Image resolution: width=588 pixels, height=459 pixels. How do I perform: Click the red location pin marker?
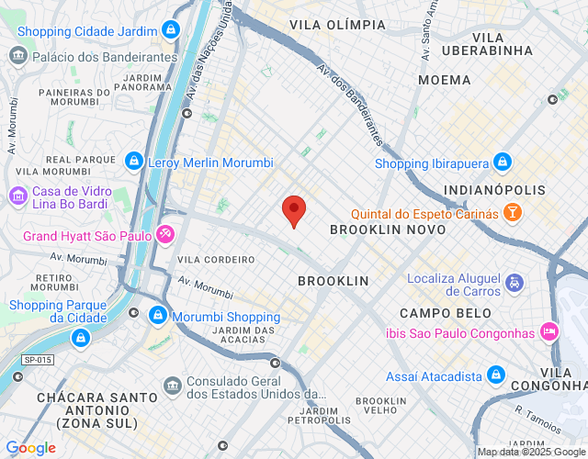pyautogui.click(x=293, y=210)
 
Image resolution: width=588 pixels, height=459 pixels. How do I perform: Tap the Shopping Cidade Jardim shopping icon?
pyautogui.click(x=170, y=30)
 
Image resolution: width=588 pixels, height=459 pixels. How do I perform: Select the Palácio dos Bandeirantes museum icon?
pyautogui.click(x=18, y=56)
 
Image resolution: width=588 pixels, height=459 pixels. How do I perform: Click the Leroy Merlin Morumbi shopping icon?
pyautogui.click(x=134, y=162)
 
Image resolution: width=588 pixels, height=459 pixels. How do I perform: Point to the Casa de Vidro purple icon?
pyautogui.click(x=17, y=196)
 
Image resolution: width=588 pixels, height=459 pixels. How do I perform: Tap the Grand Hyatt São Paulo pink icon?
pyautogui.click(x=164, y=235)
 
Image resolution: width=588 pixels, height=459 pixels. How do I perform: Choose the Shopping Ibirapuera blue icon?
pyautogui.click(x=502, y=163)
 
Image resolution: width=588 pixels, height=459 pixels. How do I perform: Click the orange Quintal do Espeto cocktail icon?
pyautogui.click(x=512, y=213)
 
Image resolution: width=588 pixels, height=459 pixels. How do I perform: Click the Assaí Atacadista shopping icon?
pyautogui.click(x=496, y=375)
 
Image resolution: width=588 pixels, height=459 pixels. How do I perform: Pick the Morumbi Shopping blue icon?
pyautogui.click(x=158, y=317)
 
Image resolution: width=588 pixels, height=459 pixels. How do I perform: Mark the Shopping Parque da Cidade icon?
pyautogui.click(x=81, y=339)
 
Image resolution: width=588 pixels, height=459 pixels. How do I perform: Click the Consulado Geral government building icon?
pyautogui.click(x=172, y=385)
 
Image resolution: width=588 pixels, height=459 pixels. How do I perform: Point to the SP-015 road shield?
pyautogui.click(x=38, y=361)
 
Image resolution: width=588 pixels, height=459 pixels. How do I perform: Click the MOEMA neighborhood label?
pyautogui.click(x=444, y=80)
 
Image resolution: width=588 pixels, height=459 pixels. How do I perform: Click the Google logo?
pyautogui.click(x=30, y=448)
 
